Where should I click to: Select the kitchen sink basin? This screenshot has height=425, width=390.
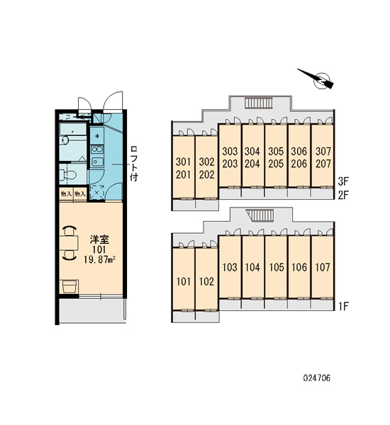pos(96,161)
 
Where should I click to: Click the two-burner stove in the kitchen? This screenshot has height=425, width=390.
pos(97,149)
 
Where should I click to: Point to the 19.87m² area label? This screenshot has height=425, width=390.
pos(99,260)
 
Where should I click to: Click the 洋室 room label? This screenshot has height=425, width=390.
pos(99,239)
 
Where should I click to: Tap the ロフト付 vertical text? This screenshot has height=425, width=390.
pos(134,163)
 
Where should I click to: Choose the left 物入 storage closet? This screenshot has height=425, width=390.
pos(66,194)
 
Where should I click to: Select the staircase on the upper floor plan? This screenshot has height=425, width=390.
pos(258,103)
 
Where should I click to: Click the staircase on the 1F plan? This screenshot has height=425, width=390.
pos(260,215)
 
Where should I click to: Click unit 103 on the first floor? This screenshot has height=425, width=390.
pos(230,267)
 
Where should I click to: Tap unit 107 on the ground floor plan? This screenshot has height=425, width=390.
pos(323,267)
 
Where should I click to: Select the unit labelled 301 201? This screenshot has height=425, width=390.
pos(184,167)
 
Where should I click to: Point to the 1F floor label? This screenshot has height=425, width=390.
pos(343,306)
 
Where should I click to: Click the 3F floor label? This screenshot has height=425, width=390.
pos(343,181)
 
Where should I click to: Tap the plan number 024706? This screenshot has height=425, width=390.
pos(317,378)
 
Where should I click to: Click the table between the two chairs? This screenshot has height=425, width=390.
pos(69,243)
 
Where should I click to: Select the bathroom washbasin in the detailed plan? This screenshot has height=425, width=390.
pos(65,140)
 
